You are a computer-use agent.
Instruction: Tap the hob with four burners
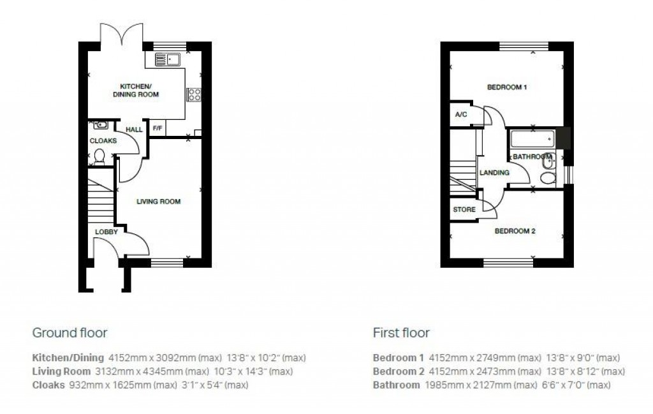coord(194,94)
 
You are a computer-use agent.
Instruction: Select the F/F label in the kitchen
coord(156,128)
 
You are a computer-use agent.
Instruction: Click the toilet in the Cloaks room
coord(99,155)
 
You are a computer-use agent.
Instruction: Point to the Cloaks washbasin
coord(98,125)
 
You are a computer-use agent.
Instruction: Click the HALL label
coord(134,129)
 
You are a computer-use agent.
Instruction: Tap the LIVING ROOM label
coord(159,202)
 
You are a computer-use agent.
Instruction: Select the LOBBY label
coord(106,232)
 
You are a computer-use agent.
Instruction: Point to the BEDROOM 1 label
coord(507,87)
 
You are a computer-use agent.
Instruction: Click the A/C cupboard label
coord(460,115)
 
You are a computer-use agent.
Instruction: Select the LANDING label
coord(494,173)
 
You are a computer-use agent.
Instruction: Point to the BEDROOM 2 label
coord(515,232)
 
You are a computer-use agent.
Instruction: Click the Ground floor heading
coord(70,332)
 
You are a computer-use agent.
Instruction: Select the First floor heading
coord(400,332)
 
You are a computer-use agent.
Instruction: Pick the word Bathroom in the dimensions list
coord(396,385)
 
